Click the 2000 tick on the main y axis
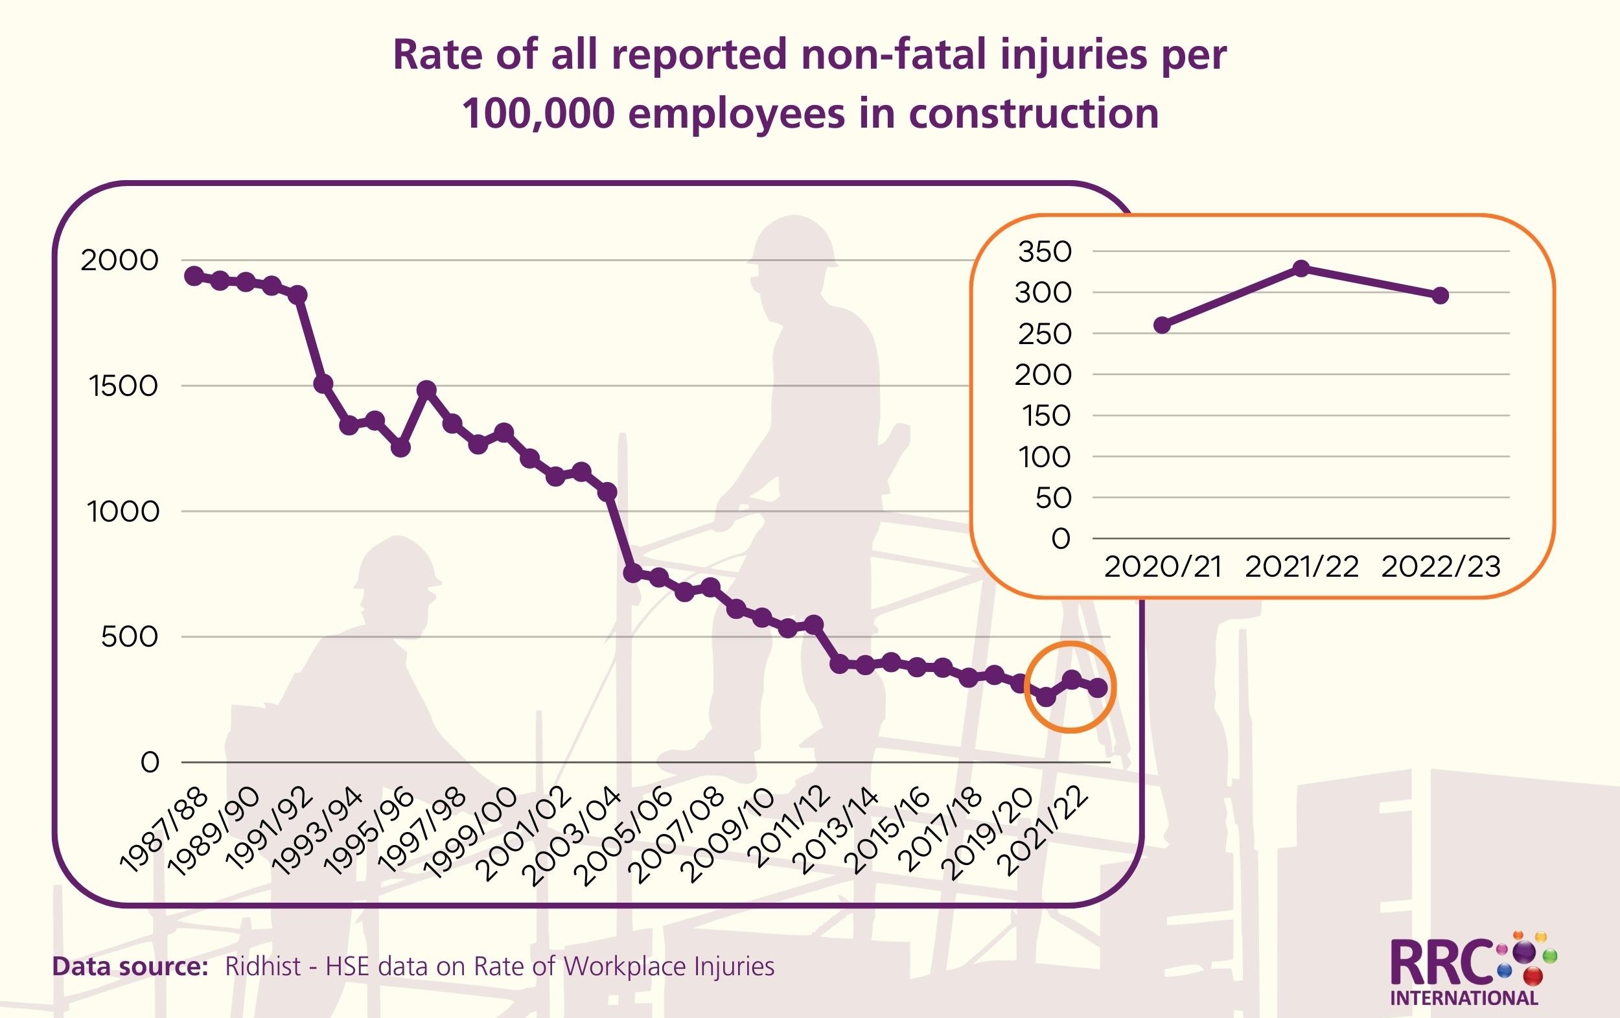pos(120,260)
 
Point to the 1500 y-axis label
pos(123,386)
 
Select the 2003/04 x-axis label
pos(580,837)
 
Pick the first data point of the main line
pos(194,275)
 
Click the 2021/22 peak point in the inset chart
pos(1301,268)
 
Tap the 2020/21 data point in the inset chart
pos(1162,326)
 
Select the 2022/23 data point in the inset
pos(1441,295)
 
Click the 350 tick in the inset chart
pos(1045,251)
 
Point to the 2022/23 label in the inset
pos(1441,567)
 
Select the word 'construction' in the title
pos(1034,113)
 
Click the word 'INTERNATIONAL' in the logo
pos(1464,998)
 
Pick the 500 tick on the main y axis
pos(130,637)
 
